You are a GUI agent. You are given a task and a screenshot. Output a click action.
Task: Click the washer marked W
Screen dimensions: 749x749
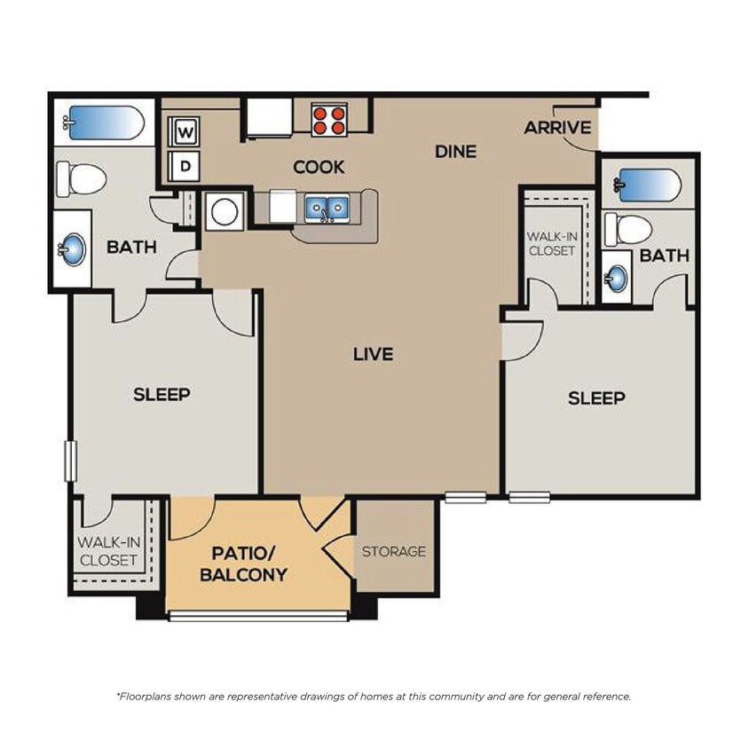click(x=185, y=133)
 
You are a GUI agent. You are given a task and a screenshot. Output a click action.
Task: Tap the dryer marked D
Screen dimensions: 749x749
click(x=185, y=165)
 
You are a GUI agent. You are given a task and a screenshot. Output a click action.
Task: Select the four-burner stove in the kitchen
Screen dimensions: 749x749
click(x=328, y=119)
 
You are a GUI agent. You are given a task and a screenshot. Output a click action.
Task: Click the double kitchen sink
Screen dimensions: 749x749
click(x=326, y=209)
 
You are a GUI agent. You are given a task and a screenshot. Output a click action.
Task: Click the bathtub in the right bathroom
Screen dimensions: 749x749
click(x=649, y=185)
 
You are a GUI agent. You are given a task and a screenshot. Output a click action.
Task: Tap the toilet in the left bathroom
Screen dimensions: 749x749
click(x=81, y=178)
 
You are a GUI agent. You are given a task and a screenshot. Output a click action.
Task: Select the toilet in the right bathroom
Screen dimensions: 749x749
click(x=628, y=229)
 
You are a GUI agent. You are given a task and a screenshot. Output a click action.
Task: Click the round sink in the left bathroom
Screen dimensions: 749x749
click(x=73, y=248)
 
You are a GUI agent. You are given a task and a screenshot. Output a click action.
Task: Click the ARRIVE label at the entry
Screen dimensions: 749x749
click(x=557, y=128)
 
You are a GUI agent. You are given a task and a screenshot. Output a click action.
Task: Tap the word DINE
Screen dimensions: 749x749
click(x=455, y=152)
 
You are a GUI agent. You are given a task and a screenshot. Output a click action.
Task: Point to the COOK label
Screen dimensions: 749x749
click(x=319, y=167)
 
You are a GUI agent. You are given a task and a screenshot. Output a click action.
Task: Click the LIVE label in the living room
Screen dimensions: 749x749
click(x=373, y=354)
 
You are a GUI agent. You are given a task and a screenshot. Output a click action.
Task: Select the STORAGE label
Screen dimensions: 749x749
click(x=393, y=551)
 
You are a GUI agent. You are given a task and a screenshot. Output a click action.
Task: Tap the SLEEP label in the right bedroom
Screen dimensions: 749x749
click(x=596, y=398)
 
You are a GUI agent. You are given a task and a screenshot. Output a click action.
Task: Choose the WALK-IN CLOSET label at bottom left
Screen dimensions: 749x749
click(x=107, y=550)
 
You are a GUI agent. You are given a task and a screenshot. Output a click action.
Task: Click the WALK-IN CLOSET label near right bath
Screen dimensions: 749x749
click(x=551, y=244)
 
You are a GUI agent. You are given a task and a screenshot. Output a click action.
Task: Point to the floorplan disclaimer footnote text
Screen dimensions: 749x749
click(x=374, y=697)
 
